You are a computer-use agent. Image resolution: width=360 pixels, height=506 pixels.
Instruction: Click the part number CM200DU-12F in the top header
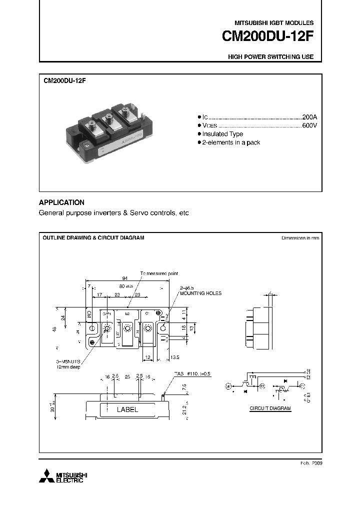(268, 37)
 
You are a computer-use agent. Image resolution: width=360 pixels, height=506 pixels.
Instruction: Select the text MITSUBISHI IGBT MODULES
(274, 23)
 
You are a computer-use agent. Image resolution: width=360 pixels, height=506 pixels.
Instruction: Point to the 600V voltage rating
(309, 125)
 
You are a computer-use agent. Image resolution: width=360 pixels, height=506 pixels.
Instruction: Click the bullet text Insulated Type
(222, 134)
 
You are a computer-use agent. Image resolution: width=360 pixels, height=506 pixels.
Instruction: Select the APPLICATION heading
(61, 202)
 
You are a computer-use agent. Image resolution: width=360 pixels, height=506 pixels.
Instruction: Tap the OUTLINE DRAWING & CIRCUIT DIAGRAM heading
(93, 238)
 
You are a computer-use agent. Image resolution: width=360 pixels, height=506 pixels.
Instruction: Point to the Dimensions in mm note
(300, 238)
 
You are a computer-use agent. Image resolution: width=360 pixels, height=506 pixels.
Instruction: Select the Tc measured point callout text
(159, 273)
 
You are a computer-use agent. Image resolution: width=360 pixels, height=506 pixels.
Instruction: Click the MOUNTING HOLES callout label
(200, 293)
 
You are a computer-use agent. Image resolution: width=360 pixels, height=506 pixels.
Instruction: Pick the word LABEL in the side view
(127, 409)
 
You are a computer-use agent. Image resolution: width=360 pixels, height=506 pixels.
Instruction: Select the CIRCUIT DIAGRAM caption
(270, 408)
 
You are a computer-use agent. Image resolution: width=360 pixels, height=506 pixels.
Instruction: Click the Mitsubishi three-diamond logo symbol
(45, 476)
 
